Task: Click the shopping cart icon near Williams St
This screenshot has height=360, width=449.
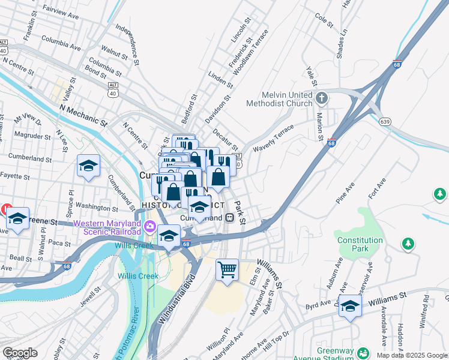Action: (x=227, y=269)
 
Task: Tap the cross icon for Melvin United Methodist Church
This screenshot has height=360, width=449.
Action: (x=321, y=97)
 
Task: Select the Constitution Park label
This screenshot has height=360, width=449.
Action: (x=360, y=244)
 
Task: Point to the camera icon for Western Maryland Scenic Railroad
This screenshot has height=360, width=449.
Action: (x=149, y=228)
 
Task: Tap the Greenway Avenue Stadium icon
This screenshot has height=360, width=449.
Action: (x=363, y=353)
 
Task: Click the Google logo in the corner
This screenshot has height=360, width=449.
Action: (x=20, y=353)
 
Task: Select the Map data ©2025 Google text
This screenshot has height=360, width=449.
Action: (x=412, y=355)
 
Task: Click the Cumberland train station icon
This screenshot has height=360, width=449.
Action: (x=229, y=218)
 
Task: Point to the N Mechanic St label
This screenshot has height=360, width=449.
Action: (x=83, y=115)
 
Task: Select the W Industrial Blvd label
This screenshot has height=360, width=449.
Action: (x=177, y=299)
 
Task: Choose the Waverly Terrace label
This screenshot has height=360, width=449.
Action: (x=274, y=139)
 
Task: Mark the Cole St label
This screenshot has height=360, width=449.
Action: (x=324, y=20)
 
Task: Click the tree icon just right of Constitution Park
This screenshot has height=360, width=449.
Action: (x=408, y=244)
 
